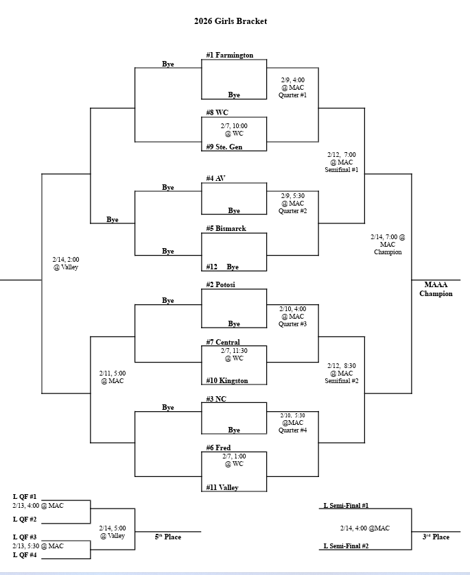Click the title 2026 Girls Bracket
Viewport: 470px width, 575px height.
pyautogui.click(x=230, y=21)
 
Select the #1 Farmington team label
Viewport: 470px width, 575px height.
pyautogui.click(x=229, y=55)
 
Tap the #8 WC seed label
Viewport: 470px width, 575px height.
pyautogui.click(x=217, y=112)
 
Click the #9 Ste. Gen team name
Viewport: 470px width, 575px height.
pyautogui.click(x=224, y=147)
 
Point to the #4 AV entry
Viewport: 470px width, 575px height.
pyautogui.click(x=215, y=178)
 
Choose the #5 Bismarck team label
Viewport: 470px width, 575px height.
pyautogui.click(x=226, y=228)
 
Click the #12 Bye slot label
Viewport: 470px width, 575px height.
pyautogui.click(x=222, y=267)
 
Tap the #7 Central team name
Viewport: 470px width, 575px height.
pyautogui.click(x=223, y=342)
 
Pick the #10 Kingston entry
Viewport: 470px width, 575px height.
pyautogui.click(x=226, y=380)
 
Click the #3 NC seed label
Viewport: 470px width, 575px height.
pyautogui.click(x=217, y=398)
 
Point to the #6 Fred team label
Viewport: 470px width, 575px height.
pyautogui.click(x=218, y=448)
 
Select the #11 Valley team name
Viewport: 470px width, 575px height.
pyautogui.click(x=222, y=487)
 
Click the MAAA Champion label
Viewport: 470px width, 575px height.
pyautogui.click(x=436, y=289)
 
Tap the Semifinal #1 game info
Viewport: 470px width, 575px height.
pyautogui.click(x=341, y=162)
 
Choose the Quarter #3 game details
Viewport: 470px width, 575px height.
pyautogui.click(x=292, y=316)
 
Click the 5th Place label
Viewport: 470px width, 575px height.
pyautogui.click(x=167, y=537)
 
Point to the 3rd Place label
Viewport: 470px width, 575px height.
pyautogui.click(x=436, y=537)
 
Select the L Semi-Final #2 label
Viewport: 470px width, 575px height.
pyautogui.click(x=346, y=546)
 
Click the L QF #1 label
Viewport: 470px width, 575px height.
pyautogui.click(x=25, y=496)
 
